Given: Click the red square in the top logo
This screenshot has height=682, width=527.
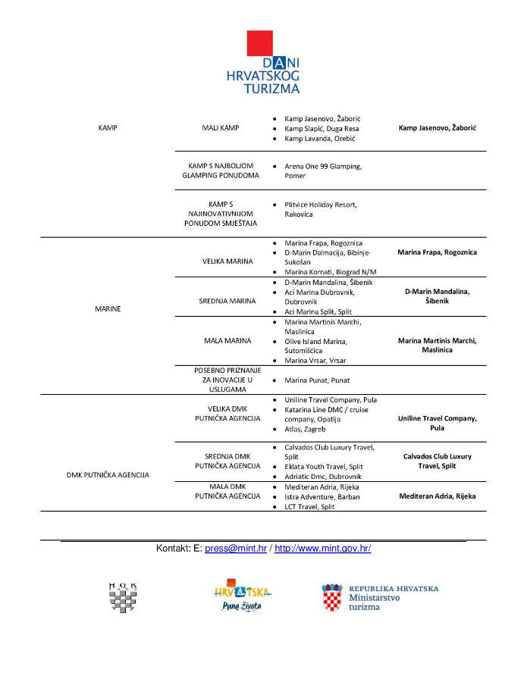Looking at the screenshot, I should tap(259, 44).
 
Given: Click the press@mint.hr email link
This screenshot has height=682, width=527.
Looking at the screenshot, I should tap(235, 549).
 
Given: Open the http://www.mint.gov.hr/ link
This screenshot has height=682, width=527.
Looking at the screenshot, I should tap(322, 549).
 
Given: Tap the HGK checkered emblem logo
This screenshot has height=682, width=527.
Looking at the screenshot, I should tap(123, 597).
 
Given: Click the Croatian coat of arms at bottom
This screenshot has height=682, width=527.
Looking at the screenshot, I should tap(331, 598).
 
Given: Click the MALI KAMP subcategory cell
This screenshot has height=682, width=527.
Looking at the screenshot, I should tap(221, 128).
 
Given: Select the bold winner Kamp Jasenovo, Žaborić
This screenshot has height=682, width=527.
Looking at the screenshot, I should tap(437, 128).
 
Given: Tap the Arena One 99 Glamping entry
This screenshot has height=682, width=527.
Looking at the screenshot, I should tap(322, 170).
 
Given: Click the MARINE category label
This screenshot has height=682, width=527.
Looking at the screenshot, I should tap(108, 308).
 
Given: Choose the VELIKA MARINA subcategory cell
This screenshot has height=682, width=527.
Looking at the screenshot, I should tap(221, 260).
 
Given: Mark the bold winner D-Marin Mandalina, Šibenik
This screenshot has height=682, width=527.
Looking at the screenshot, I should tap(437, 296).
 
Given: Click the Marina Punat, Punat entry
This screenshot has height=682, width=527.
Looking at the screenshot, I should tap(317, 380).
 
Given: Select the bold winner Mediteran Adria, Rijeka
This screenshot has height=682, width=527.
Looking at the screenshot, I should tap(437, 496).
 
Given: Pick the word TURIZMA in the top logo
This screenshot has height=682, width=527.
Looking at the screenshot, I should tap(271, 88).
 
